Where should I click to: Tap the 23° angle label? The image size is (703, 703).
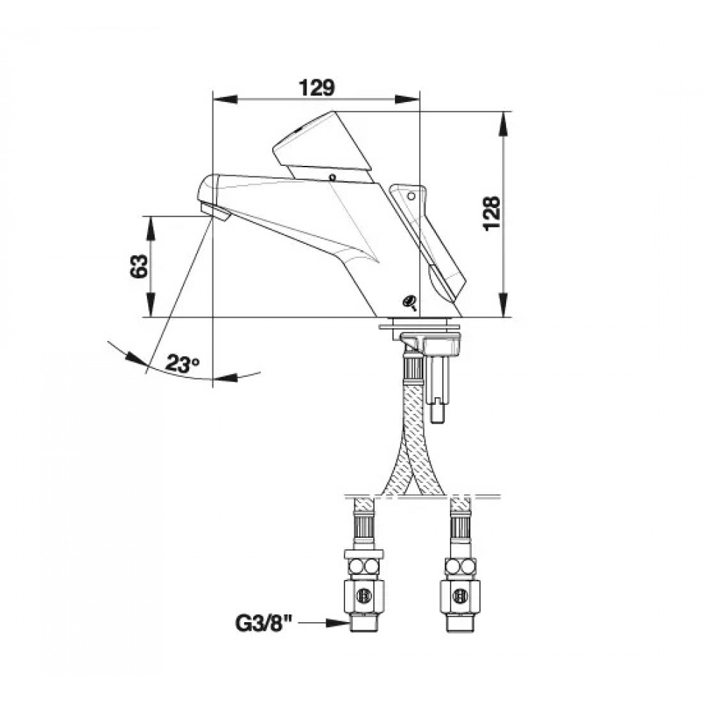[183, 363]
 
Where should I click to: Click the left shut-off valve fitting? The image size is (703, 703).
[364, 595]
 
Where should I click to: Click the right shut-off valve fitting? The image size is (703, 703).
[461, 595]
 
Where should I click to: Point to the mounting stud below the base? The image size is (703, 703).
[436, 387]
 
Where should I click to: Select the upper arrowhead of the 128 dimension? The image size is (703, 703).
[503, 124]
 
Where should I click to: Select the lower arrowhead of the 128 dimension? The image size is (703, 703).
[503, 305]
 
